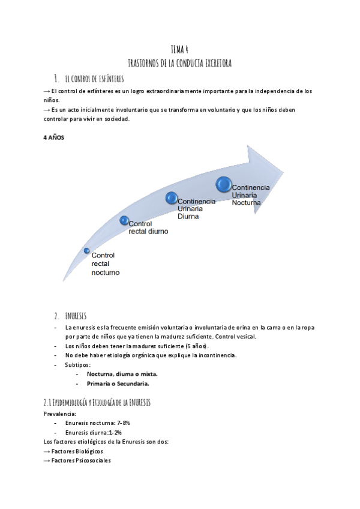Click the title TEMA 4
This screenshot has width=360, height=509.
180,50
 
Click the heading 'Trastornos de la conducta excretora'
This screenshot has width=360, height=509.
180,62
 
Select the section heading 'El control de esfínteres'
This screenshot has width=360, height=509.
94,78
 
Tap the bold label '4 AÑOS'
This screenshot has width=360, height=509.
53,137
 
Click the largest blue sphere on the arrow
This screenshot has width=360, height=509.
224,184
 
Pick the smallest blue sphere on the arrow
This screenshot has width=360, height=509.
87,250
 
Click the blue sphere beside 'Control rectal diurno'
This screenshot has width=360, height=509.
124,220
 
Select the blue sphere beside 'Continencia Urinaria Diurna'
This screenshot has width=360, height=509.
171,197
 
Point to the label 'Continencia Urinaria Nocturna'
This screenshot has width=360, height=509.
251,195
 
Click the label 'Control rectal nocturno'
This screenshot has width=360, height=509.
105,264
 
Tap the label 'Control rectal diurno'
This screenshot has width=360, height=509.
148,227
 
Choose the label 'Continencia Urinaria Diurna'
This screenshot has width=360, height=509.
196,209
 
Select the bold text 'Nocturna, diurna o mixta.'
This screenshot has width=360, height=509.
122,373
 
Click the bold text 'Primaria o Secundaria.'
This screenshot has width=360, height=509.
118,383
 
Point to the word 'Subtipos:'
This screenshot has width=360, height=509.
77,364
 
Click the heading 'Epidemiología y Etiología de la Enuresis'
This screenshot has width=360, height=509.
96,402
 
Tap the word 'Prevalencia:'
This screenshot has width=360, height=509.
60,414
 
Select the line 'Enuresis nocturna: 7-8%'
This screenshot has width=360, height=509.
97,423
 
